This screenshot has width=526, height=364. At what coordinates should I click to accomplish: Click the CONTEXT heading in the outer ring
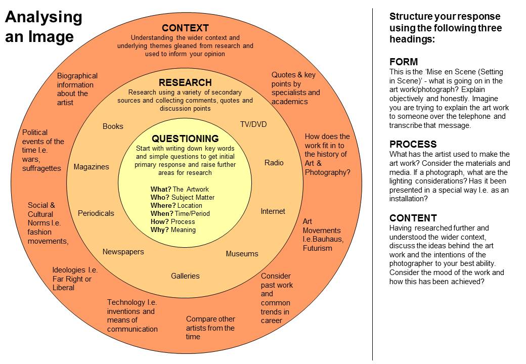point(185,28)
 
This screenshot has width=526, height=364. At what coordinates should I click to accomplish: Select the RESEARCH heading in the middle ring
point(185,82)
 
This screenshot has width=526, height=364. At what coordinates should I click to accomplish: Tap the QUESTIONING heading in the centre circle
point(185,139)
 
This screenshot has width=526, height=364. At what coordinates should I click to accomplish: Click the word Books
point(113,126)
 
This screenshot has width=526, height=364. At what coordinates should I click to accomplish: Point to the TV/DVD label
point(253,124)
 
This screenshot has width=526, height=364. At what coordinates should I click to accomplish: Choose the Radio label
point(274,163)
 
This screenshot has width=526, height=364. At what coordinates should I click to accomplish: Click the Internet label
point(273,211)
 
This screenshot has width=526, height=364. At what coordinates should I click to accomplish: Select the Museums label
point(242,254)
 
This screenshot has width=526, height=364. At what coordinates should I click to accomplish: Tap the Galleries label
point(185,276)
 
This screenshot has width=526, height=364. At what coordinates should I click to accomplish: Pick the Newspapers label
point(123,252)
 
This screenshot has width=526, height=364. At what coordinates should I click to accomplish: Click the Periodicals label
point(96,213)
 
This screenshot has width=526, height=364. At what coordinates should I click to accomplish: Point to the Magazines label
point(91,167)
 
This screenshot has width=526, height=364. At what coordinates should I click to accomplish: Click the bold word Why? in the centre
point(159,230)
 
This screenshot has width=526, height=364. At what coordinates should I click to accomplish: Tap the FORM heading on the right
point(404,62)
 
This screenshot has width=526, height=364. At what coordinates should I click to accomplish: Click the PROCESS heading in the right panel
point(413,144)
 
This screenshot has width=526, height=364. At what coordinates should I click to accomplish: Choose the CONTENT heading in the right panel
point(413,218)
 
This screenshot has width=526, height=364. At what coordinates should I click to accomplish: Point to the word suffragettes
point(41,168)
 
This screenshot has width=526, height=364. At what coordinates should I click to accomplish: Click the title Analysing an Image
point(43,27)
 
